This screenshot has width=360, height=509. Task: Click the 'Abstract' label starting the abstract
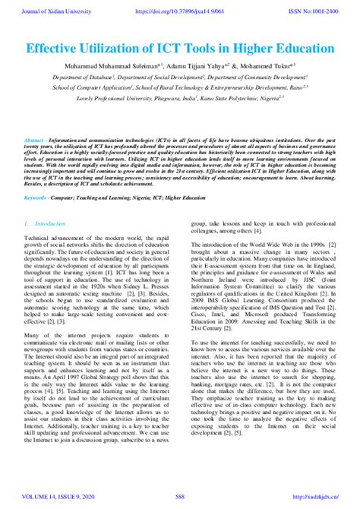coord(36,141)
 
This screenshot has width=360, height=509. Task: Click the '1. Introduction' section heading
coord(46,224)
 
